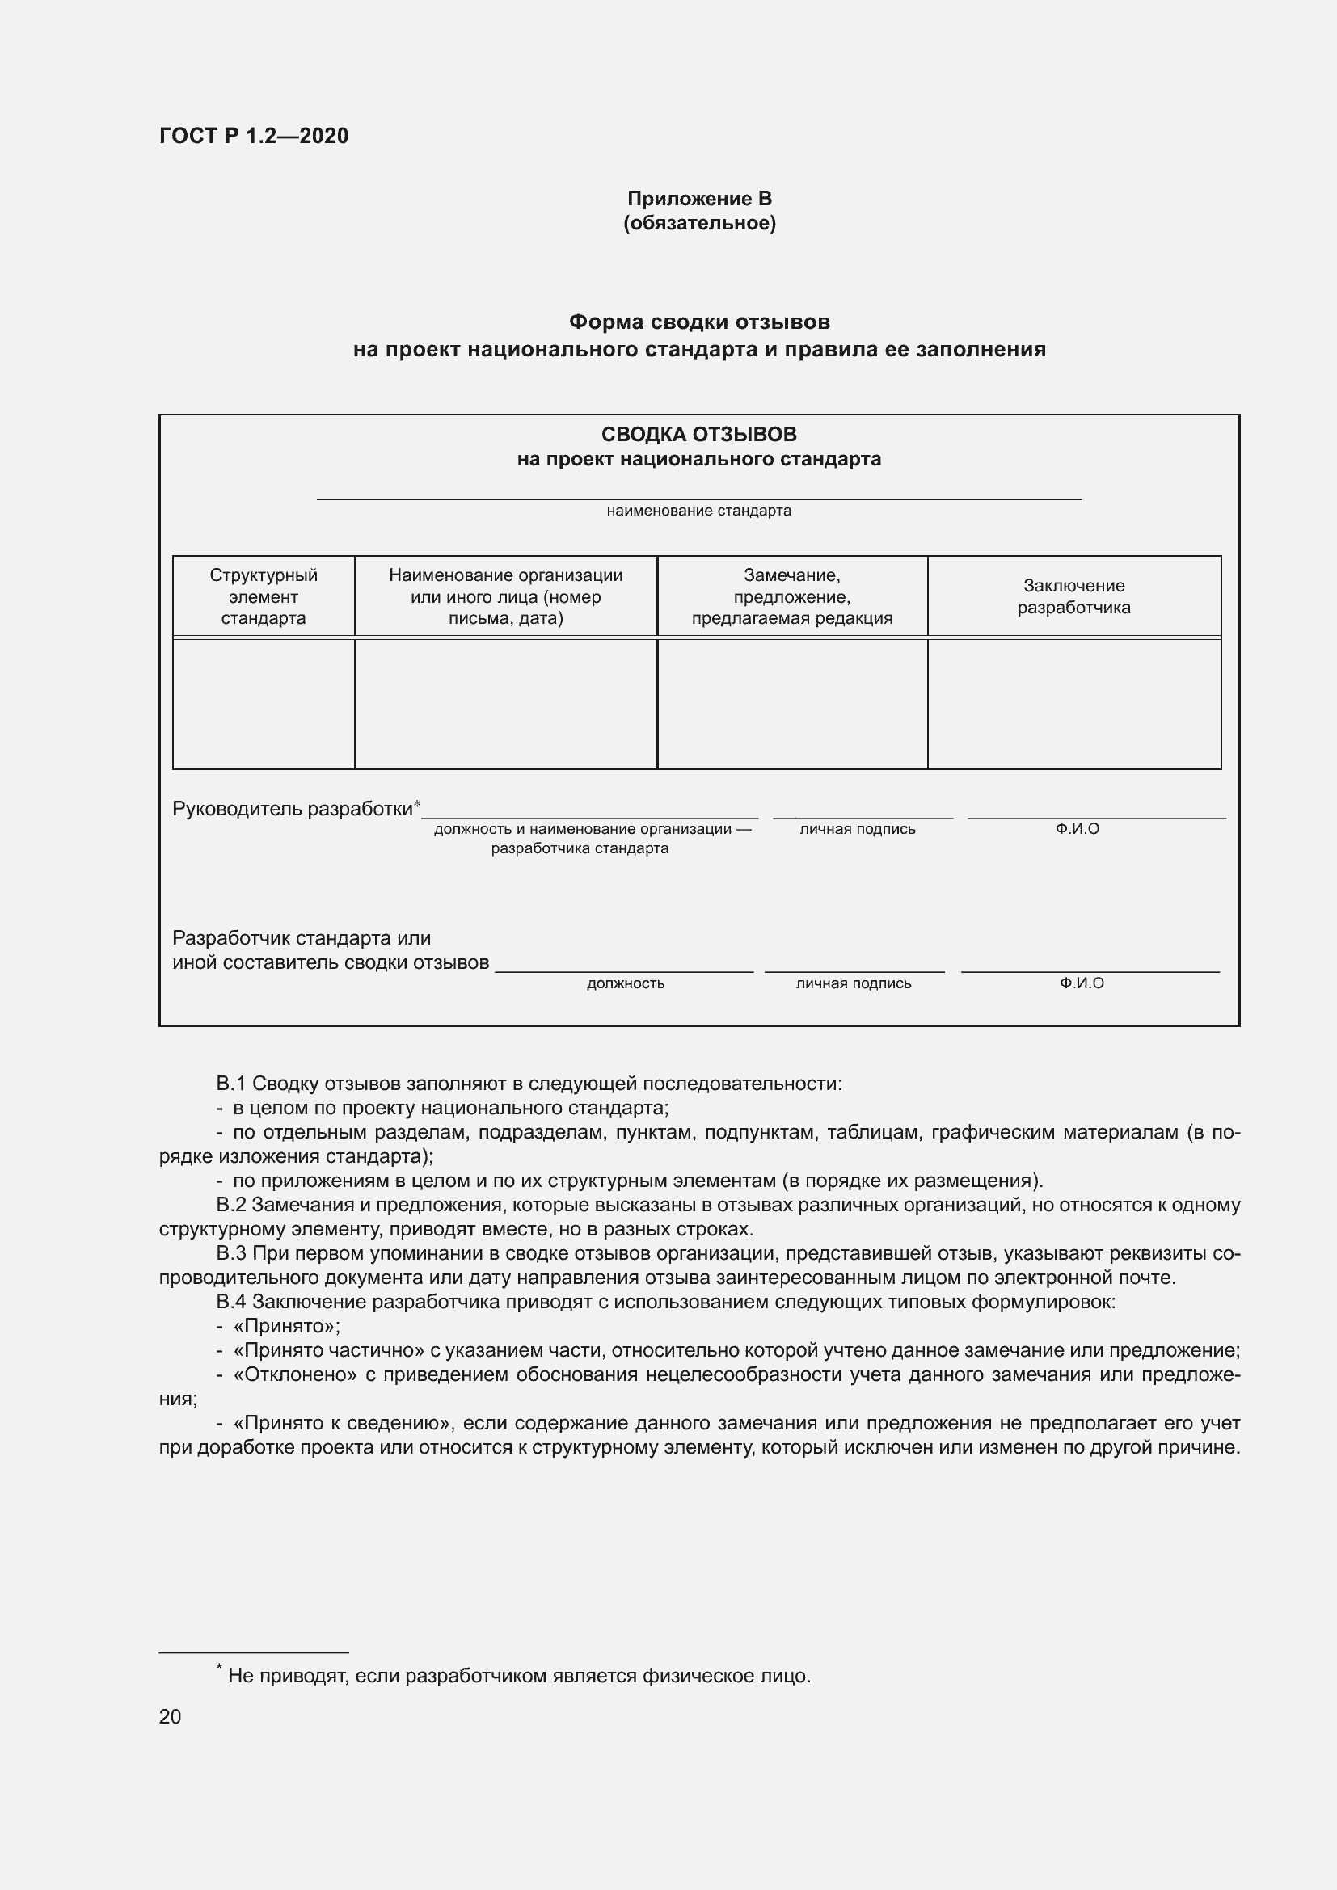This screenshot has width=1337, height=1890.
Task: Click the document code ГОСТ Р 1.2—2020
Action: point(254,136)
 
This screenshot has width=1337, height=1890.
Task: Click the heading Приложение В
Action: point(699,199)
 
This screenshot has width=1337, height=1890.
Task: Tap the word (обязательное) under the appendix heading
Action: point(699,223)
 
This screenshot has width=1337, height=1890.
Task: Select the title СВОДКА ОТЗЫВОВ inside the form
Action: point(698,434)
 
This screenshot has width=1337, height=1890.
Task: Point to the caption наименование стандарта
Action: point(698,511)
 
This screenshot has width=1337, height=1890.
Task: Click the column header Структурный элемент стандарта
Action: point(264,596)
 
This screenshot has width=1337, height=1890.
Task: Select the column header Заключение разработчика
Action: point(1073,596)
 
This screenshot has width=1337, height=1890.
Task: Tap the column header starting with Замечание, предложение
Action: point(791,596)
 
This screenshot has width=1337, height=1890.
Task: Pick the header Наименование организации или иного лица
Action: point(505,596)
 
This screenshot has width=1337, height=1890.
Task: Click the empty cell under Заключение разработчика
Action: point(1073,704)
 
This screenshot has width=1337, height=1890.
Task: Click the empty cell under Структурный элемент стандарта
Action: point(264,704)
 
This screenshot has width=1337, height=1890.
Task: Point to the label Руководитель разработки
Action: point(293,808)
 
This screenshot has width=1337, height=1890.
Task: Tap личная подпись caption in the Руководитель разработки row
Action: point(857,829)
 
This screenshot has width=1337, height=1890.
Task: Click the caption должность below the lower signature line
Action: point(625,983)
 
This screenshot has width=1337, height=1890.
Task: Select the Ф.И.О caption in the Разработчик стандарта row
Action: point(1081,983)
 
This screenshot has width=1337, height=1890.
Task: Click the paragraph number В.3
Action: point(231,1253)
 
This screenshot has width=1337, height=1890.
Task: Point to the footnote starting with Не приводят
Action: point(519,1675)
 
